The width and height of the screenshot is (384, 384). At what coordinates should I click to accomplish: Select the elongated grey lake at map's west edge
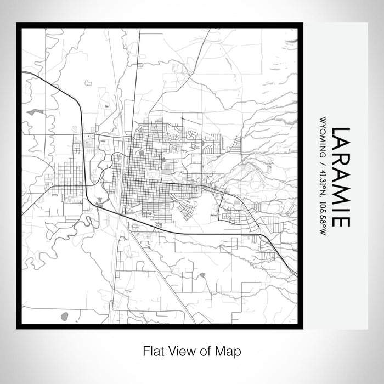[34, 112]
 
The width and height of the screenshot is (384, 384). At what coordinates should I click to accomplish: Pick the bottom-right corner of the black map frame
[302, 327]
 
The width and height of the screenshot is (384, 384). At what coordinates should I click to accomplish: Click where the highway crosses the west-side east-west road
[86, 187]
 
